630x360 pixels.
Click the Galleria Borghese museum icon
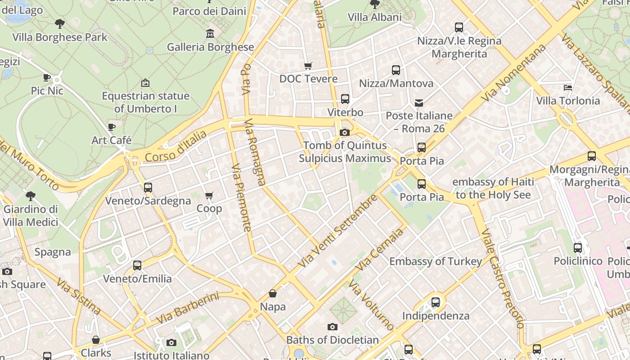pyautogui.click(x=210, y=34)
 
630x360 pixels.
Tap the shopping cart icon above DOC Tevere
pyautogui.click(x=308, y=66)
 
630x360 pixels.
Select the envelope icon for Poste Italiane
pyautogui.click(x=419, y=103)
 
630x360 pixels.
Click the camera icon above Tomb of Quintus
pyautogui.click(x=345, y=132)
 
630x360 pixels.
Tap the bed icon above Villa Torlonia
pyautogui.click(x=568, y=87)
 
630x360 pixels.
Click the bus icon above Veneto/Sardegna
pyautogui.click(x=148, y=188)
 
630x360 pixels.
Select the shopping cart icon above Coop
pyautogui.click(x=209, y=196)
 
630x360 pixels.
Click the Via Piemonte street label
pyautogui.click(x=241, y=198)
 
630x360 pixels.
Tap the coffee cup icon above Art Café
pyautogui.click(x=112, y=127)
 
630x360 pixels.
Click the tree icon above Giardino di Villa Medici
pyautogui.click(x=31, y=196)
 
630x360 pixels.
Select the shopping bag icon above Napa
pyautogui.click(x=273, y=294)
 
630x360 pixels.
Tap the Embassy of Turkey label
pyautogui.click(x=435, y=261)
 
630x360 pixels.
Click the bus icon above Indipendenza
pyautogui.click(x=436, y=302)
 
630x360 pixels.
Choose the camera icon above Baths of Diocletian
pyautogui.click(x=333, y=327)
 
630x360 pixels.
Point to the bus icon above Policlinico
pyautogui.click(x=578, y=248)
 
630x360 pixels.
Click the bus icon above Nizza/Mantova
pyautogui.click(x=396, y=70)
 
